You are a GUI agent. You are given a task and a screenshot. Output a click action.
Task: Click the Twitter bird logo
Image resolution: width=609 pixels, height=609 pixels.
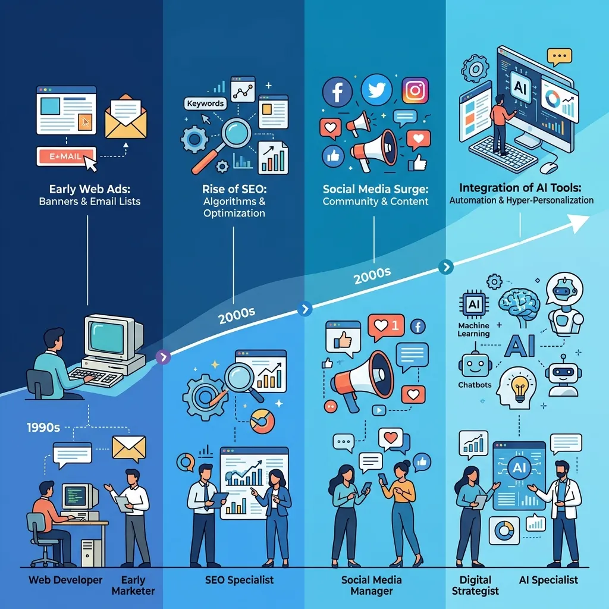coord(376,90)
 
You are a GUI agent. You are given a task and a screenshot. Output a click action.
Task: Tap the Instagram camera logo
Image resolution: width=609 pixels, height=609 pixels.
coord(415,90)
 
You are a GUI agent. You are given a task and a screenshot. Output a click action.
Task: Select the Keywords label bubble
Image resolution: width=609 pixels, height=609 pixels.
coord(205,103)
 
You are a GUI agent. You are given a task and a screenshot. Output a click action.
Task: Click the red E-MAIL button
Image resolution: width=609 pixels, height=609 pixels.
coord(65,156)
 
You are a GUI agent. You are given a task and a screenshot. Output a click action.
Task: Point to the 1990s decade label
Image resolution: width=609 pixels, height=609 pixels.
coord(43,428)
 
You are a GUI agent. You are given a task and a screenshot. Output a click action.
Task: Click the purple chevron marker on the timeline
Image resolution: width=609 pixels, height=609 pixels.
coord(163,357)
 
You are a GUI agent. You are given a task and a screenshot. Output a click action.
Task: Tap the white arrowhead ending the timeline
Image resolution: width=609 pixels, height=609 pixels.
coord(580,222)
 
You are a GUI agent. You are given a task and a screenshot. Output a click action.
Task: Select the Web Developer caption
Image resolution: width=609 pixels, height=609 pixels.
coord(65,580)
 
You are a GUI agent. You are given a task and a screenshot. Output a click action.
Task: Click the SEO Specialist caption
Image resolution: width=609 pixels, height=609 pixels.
coord(239,580)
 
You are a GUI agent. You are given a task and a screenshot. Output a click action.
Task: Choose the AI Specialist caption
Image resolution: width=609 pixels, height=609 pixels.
coord(548,580)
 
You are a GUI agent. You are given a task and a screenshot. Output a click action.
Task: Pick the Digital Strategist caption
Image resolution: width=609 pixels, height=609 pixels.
coord(475,585)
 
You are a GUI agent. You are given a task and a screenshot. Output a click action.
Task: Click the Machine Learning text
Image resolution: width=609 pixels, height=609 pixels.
coord(473,329)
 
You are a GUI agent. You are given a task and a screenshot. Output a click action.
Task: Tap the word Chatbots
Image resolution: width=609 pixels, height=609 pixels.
coord(475,385)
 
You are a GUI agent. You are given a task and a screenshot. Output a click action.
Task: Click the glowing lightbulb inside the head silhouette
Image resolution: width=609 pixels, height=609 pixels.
coord(519,387)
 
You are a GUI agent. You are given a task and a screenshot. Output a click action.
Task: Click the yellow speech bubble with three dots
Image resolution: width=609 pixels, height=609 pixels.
coord(559,56)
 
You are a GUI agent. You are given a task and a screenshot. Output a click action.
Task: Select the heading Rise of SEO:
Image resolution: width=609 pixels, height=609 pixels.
coord(234,189)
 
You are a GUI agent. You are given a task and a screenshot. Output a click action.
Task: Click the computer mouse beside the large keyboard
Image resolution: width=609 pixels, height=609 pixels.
coord(549,167)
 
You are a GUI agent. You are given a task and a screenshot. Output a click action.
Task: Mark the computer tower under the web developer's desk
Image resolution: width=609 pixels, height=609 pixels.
coord(92,553)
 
